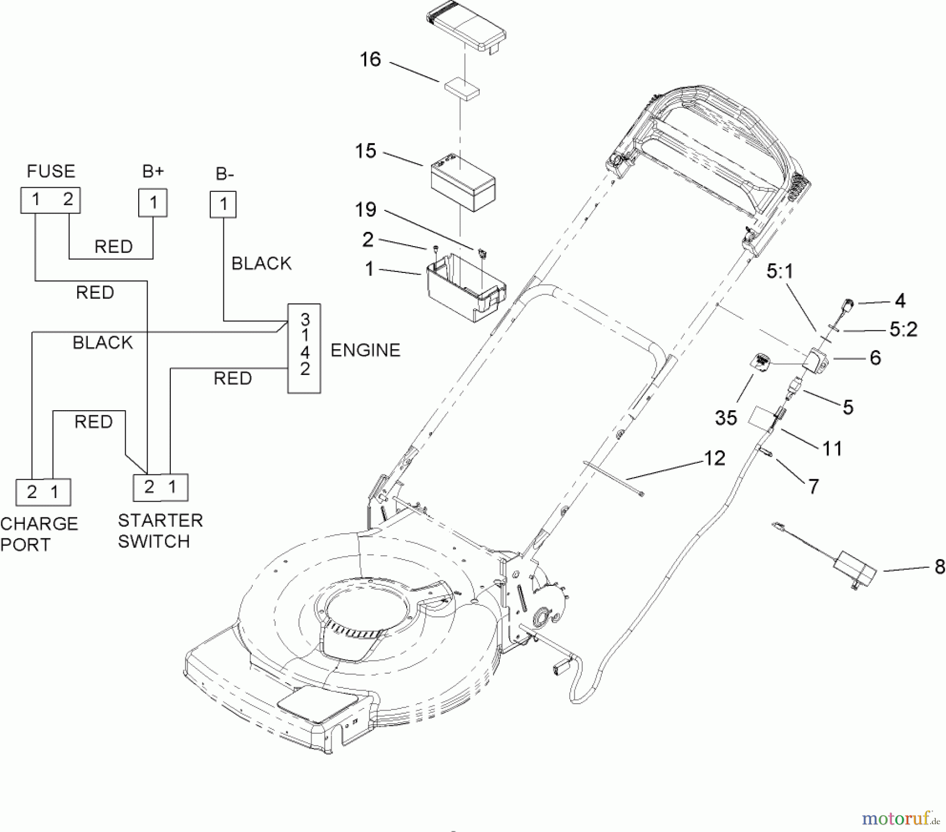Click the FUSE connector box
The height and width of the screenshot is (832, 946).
coord(50,200)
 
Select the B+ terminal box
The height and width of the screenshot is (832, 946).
coord(153,202)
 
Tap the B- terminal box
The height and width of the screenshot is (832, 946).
coord(223,204)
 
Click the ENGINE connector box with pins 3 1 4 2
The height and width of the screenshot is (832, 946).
coord(304,348)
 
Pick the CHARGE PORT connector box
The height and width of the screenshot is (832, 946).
coord(43,492)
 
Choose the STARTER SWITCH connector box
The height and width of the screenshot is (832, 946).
coord(160,488)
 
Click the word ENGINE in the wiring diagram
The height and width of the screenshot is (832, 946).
coord(365,350)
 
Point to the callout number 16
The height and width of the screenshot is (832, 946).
coord(370,59)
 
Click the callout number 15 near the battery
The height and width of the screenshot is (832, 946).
coord(366,151)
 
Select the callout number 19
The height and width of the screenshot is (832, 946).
coord(366,210)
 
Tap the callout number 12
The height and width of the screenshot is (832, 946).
coord(714,458)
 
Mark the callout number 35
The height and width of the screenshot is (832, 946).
coord(726,418)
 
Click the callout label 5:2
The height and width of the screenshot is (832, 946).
coord(903,329)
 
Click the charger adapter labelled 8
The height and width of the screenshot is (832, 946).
coord(855,570)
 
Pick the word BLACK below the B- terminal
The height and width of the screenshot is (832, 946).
coord(261,263)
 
